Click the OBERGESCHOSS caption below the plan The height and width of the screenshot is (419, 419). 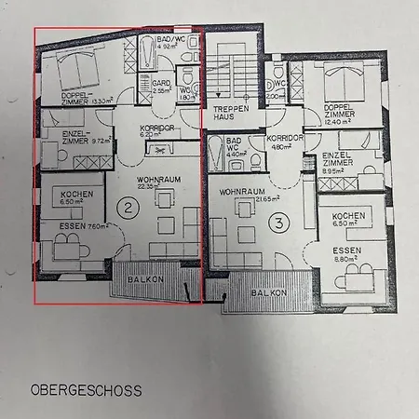(x=86, y=391)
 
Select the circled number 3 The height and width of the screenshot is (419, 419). (x=277, y=223)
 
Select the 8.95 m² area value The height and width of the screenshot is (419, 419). (x=335, y=170)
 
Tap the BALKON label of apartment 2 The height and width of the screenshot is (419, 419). (x=145, y=278)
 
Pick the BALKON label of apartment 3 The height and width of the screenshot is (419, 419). (x=267, y=291)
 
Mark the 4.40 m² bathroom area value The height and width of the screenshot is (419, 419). (x=237, y=155)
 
